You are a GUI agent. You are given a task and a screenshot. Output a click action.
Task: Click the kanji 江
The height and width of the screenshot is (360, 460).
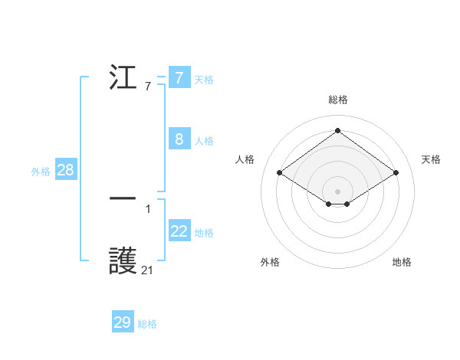[x=123, y=77]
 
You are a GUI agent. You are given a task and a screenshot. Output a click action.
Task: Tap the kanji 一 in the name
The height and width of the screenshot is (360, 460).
[x=123, y=198]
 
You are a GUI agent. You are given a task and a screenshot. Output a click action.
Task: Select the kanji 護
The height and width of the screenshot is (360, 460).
[x=123, y=262]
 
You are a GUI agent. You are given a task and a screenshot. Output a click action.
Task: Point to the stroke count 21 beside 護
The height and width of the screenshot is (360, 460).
[x=147, y=270]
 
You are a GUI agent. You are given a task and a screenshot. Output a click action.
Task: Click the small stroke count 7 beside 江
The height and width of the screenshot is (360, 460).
[x=147, y=86]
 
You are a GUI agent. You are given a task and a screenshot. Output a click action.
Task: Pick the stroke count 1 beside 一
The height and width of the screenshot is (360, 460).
[x=147, y=208]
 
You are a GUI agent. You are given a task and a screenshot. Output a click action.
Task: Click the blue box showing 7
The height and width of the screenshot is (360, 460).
[x=179, y=78]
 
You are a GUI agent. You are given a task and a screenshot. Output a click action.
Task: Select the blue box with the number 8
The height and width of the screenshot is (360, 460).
[x=179, y=139]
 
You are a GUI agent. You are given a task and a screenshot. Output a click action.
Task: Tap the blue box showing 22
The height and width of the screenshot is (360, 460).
[x=179, y=231]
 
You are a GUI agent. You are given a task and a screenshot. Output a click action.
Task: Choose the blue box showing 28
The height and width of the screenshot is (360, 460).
[x=65, y=170]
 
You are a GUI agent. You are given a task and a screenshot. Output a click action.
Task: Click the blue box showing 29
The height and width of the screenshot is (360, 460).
[x=123, y=322]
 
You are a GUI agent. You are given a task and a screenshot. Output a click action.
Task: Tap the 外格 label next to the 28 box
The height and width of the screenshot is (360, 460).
[x=41, y=172]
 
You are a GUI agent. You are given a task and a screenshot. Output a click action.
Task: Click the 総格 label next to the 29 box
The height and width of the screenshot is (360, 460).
[x=147, y=324]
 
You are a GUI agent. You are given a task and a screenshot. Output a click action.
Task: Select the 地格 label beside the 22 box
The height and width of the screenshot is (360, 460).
[x=204, y=233]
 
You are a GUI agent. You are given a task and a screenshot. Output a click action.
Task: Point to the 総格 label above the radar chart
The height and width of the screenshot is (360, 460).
[x=337, y=100]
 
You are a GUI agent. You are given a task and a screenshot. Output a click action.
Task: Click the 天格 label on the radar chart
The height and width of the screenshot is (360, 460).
[x=431, y=159]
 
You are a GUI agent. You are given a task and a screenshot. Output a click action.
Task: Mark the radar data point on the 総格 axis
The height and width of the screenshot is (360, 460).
[x=337, y=130]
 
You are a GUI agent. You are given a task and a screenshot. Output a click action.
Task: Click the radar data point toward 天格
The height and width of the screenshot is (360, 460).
[x=396, y=173]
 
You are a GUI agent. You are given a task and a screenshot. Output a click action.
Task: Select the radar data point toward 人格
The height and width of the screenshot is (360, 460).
[x=279, y=173]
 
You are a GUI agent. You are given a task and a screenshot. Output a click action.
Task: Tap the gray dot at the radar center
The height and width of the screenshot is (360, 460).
[x=337, y=191]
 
